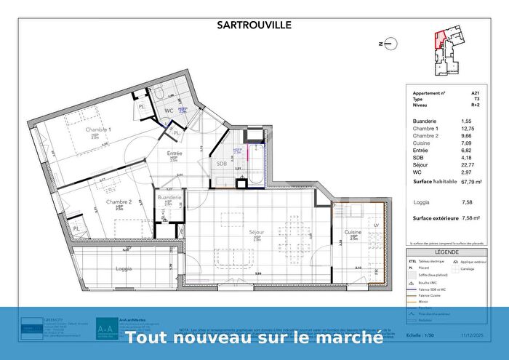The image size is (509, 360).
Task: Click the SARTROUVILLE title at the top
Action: [x=254, y=24]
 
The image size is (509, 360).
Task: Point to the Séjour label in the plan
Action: [x=256, y=231]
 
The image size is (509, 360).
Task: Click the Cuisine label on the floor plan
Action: [x=355, y=233]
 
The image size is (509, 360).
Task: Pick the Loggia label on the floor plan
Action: [x=124, y=268]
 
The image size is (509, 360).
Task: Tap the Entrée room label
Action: [x=174, y=153]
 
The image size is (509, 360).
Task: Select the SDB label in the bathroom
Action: [x=222, y=164]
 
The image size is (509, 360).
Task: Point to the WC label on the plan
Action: [x=168, y=111]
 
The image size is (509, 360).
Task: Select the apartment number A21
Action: [x=476, y=94]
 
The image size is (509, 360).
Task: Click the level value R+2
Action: [x=475, y=105]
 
